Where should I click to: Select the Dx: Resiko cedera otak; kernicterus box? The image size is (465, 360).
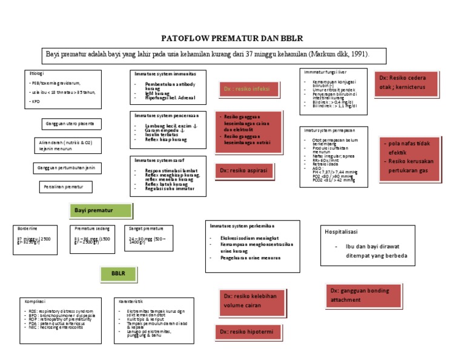(407, 82)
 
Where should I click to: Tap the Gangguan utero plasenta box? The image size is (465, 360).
(70, 124)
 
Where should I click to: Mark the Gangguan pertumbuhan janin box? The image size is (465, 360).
(67, 167)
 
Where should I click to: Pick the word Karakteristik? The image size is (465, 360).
(131, 301)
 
